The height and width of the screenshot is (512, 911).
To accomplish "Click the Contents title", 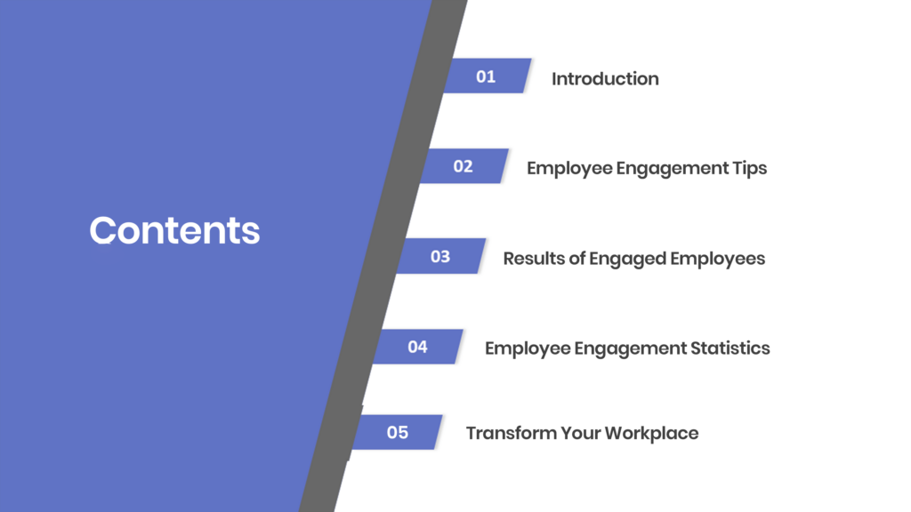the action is point(174,230).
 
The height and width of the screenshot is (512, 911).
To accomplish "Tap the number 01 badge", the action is point(487,76).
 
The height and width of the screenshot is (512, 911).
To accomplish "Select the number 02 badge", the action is point(464,166).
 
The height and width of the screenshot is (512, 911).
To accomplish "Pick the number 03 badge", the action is point(441,256).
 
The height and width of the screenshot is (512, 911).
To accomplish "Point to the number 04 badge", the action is point(418,347).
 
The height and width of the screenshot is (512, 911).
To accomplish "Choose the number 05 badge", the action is point(398,432).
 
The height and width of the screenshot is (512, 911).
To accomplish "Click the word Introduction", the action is point(605,79).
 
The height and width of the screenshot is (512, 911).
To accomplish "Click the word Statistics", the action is point(730,348).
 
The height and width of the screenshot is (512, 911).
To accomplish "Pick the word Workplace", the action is point(651,434).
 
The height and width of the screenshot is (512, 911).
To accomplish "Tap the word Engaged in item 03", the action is point(627,259).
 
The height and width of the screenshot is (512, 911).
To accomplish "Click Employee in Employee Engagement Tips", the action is point(569,169).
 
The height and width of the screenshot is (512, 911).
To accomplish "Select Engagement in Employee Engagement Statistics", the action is point(631,348).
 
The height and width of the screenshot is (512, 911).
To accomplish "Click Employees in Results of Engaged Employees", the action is point(718,259).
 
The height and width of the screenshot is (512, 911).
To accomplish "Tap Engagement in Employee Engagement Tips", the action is point(673,169).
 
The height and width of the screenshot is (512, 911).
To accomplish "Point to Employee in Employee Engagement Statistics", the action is point(528,348).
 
